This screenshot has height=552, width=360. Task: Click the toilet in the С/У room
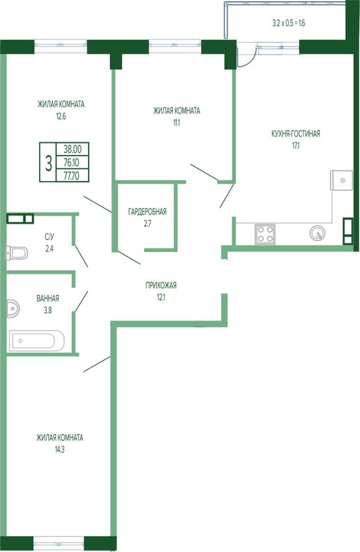click(17, 253)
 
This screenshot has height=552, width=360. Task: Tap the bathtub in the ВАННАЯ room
click(37, 340)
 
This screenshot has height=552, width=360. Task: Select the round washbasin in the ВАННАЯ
click(13, 308)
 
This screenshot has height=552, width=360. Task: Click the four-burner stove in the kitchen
click(265, 233)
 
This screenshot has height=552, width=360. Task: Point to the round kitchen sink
click(317, 233)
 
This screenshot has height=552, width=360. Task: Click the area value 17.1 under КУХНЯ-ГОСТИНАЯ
click(296, 145)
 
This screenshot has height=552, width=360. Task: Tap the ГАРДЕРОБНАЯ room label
click(147, 212)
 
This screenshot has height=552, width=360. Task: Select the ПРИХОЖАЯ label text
click(161, 286)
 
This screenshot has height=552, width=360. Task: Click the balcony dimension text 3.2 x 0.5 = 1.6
click(289, 23)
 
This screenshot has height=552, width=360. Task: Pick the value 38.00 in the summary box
click(73, 149)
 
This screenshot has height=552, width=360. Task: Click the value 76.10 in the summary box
click(71, 162)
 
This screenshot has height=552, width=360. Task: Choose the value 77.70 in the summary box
click(71, 175)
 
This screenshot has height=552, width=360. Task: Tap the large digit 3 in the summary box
click(49, 163)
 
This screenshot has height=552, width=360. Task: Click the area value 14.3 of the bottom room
click(60, 449)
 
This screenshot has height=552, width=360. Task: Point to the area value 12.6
click(61, 116)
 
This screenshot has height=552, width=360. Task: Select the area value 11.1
click(176, 123)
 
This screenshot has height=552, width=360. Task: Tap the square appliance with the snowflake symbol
click(341, 180)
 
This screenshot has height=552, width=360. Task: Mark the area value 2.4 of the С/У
click(49, 249)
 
